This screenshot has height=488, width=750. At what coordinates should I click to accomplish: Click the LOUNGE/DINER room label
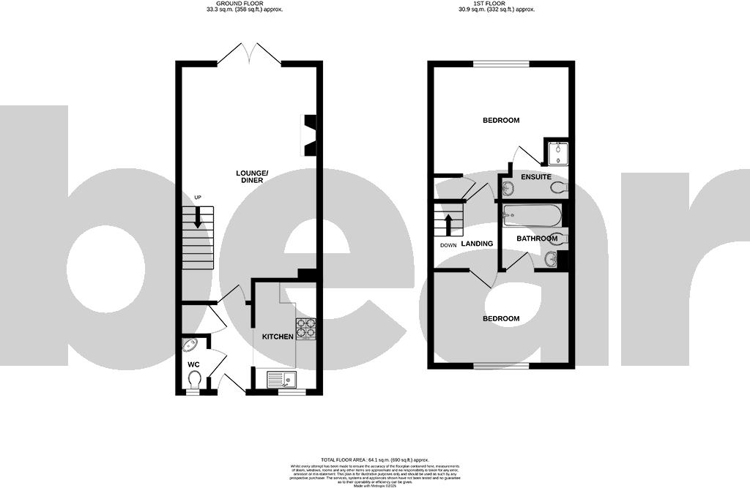252,176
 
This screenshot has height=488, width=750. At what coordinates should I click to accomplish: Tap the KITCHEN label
278,337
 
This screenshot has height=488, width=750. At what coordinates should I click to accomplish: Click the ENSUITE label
535,176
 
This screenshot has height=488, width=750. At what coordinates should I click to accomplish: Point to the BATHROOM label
538,239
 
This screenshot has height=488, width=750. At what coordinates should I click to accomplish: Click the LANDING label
477,244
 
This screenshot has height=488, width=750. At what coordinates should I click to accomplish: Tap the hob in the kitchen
305,330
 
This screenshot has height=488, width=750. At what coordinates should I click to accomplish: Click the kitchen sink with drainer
281,379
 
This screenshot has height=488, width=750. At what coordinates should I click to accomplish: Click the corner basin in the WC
190,345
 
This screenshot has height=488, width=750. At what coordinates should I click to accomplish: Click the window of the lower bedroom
501,364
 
